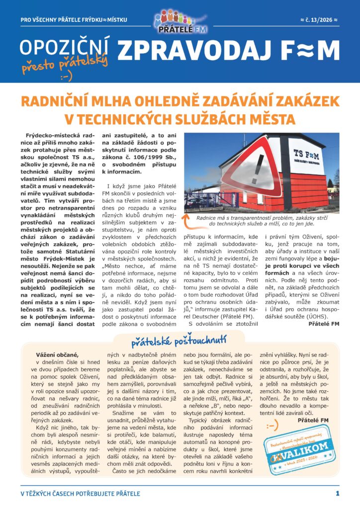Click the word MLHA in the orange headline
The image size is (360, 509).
coord(123,101)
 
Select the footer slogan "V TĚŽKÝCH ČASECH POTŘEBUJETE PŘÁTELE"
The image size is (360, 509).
coord(80,494)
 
